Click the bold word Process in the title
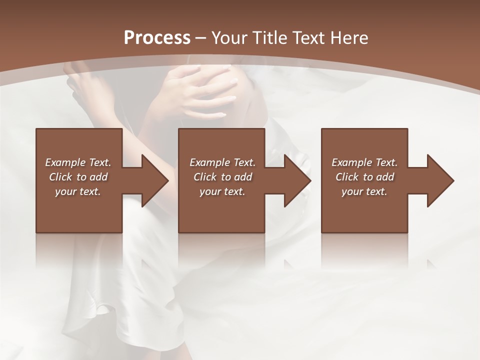157,38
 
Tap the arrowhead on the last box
439,181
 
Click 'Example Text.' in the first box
78,162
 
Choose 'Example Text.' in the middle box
222,162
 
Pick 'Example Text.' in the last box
364,162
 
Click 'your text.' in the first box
78,191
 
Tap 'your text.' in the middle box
222,191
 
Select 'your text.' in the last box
364,191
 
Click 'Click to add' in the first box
78,177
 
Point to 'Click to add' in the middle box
222,177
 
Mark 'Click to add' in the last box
364,177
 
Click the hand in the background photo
205,90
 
